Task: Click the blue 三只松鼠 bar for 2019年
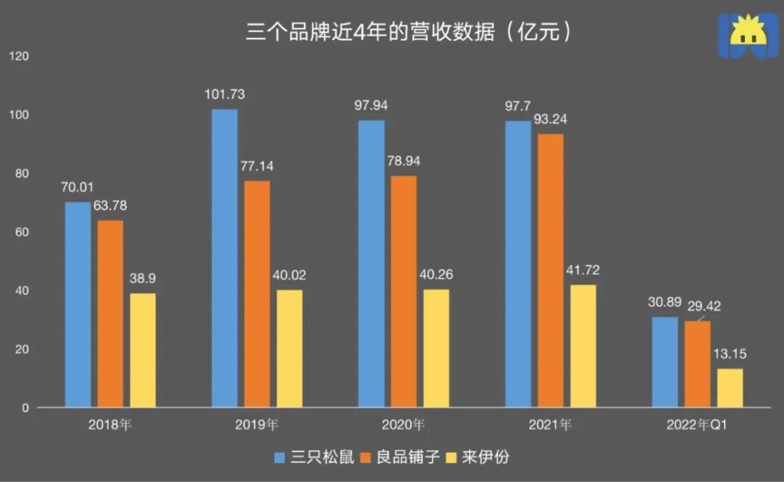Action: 224,259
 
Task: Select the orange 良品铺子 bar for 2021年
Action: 550,271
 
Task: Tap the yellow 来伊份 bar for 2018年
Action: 143,350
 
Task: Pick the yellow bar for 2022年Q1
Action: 730,388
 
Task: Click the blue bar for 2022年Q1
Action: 665,362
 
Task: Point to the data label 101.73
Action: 224,95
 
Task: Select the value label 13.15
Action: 730,354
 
